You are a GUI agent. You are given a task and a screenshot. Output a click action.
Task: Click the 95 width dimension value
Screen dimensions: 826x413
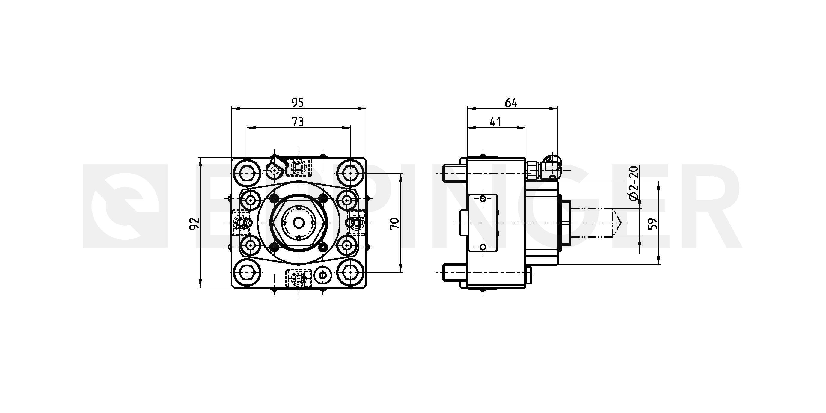(x=297, y=103)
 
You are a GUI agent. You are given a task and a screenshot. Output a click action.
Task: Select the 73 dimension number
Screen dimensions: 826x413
(x=297, y=122)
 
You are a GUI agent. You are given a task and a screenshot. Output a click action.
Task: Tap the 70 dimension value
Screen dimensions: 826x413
(x=394, y=223)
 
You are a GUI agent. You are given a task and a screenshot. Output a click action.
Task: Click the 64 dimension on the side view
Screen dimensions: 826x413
(x=511, y=103)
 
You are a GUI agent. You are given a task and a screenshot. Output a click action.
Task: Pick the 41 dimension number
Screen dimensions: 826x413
(x=495, y=122)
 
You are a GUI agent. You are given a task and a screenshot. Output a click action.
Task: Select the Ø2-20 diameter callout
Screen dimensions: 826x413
(x=634, y=183)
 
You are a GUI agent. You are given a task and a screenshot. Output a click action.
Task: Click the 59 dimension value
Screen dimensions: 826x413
(x=652, y=224)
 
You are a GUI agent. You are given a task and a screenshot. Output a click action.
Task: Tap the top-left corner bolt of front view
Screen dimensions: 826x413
(x=247, y=173)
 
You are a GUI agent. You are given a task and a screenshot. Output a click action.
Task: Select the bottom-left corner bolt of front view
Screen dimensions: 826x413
(x=247, y=272)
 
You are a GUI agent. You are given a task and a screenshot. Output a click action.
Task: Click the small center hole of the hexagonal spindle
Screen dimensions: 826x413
(x=299, y=222)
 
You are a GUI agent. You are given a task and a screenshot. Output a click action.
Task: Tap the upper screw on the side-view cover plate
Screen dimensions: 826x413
(x=483, y=199)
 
